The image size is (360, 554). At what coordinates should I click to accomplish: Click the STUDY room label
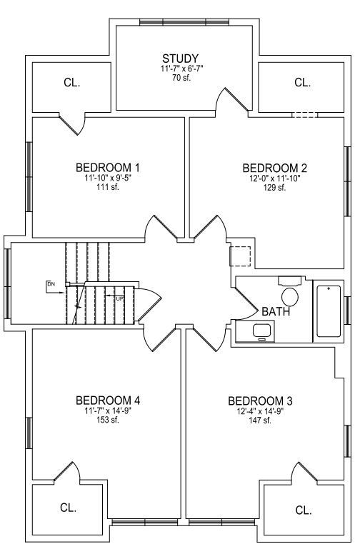[180, 59]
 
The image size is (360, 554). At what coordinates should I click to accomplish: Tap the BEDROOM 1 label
[108, 168]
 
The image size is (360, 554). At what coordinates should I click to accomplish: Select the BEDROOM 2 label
[275, 168]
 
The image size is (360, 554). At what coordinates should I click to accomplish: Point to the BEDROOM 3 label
[260, 401]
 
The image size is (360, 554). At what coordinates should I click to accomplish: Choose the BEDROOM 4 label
[108, 401]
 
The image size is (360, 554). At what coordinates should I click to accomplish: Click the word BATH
[276, 311]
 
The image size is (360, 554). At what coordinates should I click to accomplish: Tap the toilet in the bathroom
[290, 292]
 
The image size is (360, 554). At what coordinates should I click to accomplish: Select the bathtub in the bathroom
[329, 311]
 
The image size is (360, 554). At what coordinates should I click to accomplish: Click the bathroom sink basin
[262, 331]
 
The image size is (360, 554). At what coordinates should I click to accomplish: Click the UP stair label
[120, 299]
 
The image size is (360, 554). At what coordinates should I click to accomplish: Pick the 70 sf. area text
[181, 78]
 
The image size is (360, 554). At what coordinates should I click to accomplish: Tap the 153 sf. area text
[108, 420]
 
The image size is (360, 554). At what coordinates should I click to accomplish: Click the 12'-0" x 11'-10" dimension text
[275, 178]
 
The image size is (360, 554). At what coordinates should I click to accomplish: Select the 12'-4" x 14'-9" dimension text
[260, 411]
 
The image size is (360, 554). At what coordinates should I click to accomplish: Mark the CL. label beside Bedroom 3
[303, 510]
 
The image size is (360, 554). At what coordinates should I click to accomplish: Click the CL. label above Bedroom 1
[72, 82]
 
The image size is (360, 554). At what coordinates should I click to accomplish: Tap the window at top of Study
[184, 22]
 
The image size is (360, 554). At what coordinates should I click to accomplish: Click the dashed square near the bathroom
[240, 256]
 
